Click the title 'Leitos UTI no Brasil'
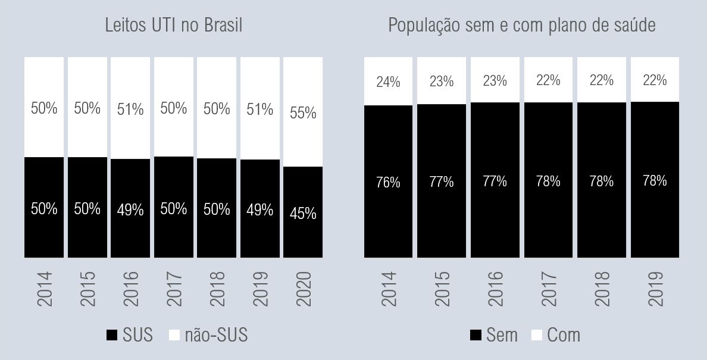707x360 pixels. [173, 26]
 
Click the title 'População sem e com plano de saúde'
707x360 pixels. [522, 26]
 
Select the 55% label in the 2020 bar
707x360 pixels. [303, 112]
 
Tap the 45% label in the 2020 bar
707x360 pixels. [303, 213]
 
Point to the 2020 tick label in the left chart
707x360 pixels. [303, 289]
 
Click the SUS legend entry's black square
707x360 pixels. [112, 336]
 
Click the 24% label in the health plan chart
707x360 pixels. [388, 82]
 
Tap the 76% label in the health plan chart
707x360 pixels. [388, 183]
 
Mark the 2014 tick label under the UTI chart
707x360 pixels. [45, 289]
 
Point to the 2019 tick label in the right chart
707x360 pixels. [655, 289]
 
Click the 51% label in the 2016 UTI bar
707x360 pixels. [130, 109]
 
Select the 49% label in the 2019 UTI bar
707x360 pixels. [259, 209]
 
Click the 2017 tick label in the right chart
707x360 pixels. [548, 289]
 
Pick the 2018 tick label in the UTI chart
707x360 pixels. [217, 289]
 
